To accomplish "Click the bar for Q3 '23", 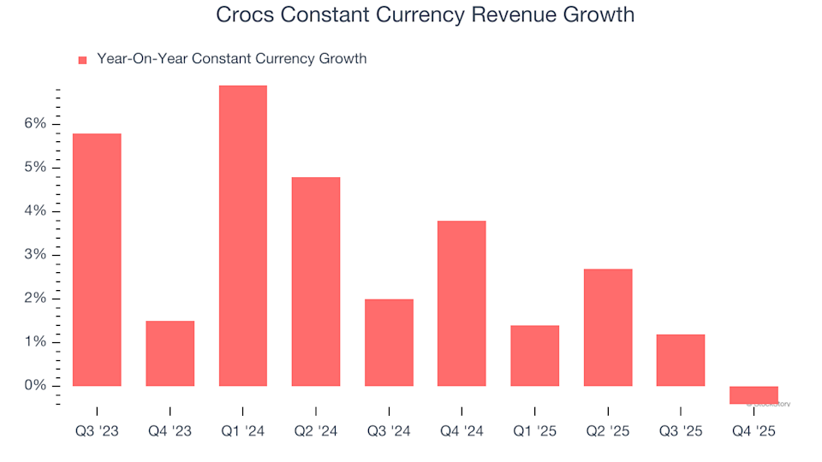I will (x=97, y=259).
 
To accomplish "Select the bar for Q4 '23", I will (x=170, y=353).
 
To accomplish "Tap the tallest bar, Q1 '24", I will (x=242, y=235).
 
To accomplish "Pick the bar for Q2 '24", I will (x=316, y=281).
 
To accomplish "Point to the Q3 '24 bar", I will (x=389, y=342).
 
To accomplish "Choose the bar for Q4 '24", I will (x=462, y=303).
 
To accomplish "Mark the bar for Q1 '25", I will (x=534, y=355).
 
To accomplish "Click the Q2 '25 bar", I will (x=608, y=327).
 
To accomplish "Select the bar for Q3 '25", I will (x=681, y=359).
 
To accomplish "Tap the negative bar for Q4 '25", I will (x=753, y=394).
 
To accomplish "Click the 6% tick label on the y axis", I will (x=35, y=124).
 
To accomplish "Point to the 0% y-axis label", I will (x=35, y=386).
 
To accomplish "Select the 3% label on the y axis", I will (x=35, y=255).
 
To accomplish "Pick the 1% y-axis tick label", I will (x=35, y=342).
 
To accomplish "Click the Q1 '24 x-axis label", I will (x=242, y=432).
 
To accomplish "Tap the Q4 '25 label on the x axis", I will (x=753, y=432).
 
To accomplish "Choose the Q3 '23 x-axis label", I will (x=97, y=432).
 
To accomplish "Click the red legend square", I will (x=83, y=60).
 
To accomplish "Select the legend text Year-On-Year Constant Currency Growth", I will (x=231, y=59).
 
